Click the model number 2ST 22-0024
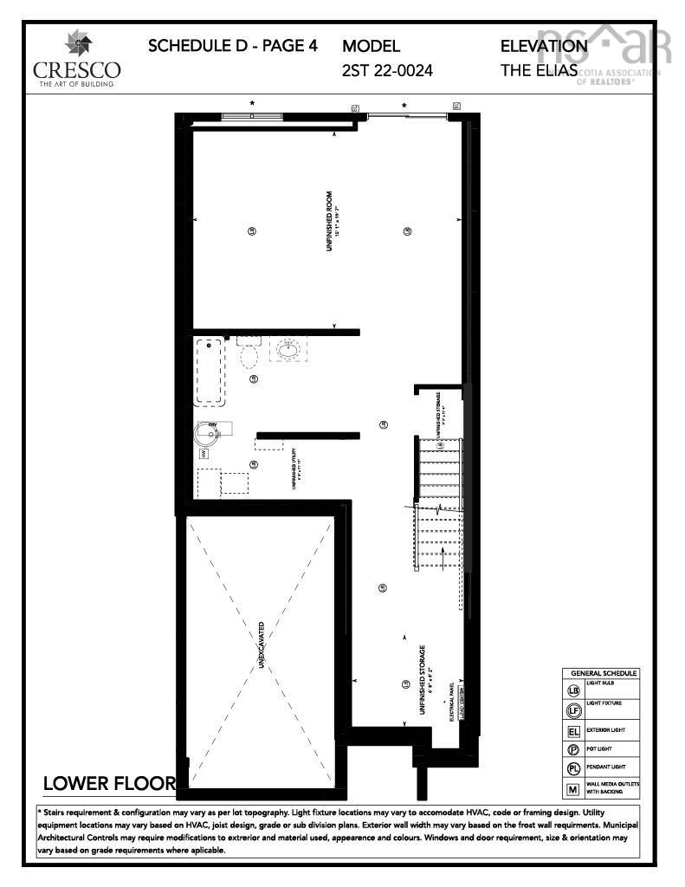coord(387,70)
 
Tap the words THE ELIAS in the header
coord(538,70)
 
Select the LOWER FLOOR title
coord(109,784)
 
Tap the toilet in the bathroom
coord(249,354)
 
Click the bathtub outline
coord(210,372)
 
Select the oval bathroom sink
coord(288,350)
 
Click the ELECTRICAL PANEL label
coord(453,702)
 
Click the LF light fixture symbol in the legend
coord(572,710)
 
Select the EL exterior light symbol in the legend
coord(572,730)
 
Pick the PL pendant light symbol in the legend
coord(572,769)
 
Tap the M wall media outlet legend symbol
coord(572,789)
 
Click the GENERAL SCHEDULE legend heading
coord(603,673)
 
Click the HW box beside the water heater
coord(203,453)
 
